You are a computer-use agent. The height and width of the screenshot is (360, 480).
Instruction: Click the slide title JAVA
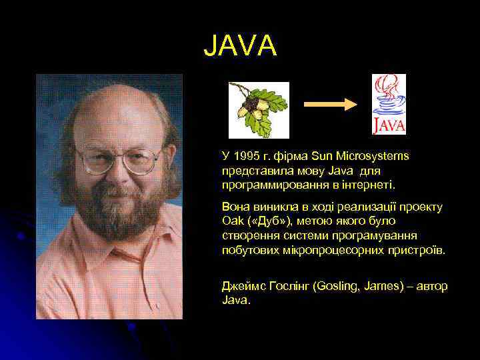click(x=239, y=45)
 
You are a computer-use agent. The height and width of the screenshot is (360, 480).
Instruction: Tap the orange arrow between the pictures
click(x=331, y=104)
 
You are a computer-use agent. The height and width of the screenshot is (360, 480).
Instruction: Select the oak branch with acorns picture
click(x=259, y=109)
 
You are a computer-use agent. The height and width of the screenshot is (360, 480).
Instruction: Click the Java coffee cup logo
click(x=388, y=105)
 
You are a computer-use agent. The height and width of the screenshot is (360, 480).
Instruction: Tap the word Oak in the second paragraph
click(x=232, y=221)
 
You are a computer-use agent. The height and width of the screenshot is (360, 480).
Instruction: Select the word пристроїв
click(x=421, y=250)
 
